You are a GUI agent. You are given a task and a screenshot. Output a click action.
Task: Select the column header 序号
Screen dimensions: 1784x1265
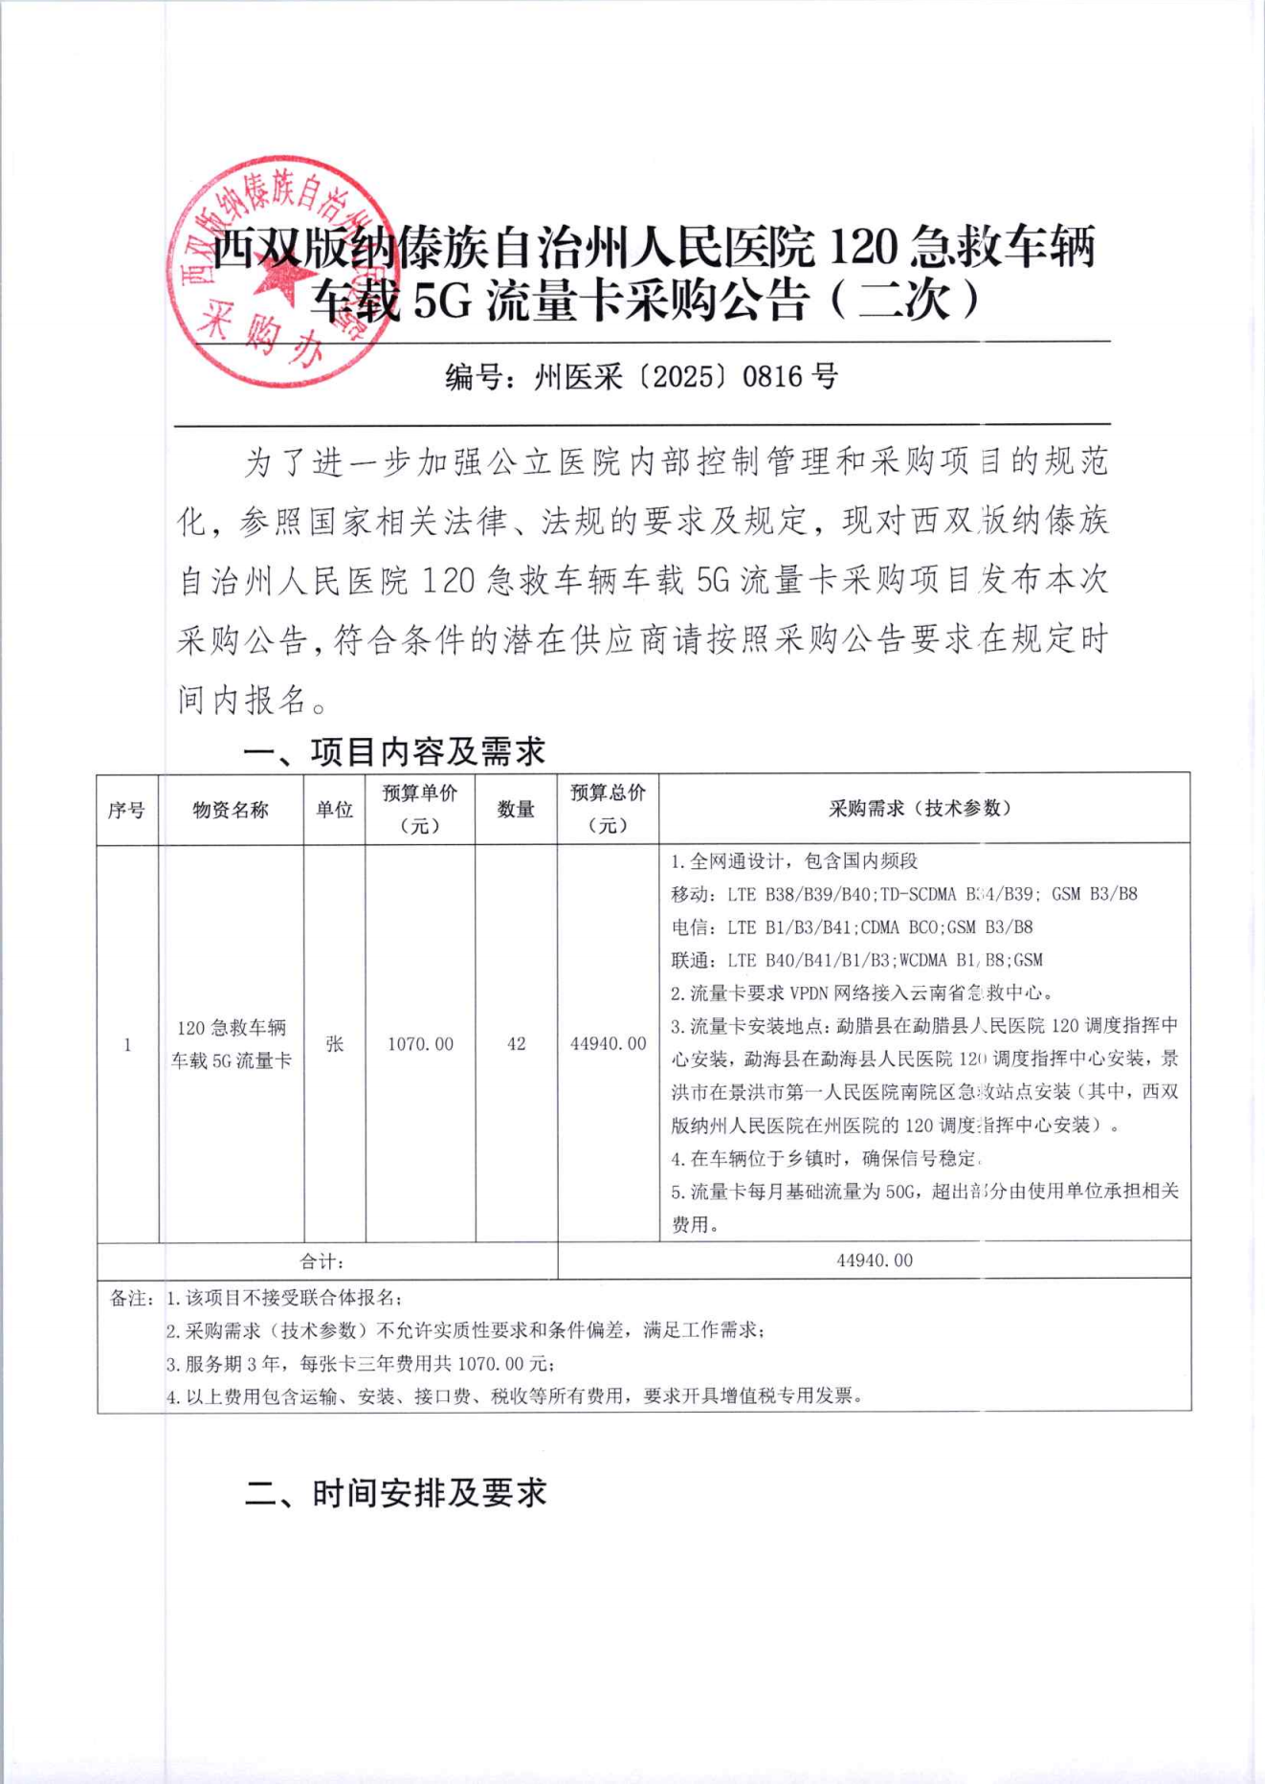point(126,810)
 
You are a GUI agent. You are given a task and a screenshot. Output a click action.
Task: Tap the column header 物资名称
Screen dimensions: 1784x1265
point(231,810)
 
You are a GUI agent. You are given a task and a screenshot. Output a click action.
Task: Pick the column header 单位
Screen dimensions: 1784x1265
point(334,810)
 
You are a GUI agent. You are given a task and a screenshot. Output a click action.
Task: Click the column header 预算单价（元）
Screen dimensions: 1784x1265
point(420,809)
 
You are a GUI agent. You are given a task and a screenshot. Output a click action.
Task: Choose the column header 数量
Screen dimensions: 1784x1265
point(516,810)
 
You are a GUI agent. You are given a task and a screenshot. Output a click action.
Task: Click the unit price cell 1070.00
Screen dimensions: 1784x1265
point(420,1043)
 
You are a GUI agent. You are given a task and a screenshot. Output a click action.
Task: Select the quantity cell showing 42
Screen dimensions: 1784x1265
point(516,1043)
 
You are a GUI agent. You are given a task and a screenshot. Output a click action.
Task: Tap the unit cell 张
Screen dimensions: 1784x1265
point(334,1043)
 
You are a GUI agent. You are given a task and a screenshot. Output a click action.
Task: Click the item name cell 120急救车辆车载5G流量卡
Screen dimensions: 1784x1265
point(231,1044)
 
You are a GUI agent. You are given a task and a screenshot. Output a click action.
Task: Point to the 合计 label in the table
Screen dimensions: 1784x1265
point(322,1261)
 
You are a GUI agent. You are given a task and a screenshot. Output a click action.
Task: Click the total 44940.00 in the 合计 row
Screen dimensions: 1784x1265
point(875,1260)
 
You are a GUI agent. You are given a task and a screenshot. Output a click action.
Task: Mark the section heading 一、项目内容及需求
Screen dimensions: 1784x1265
point(393,751)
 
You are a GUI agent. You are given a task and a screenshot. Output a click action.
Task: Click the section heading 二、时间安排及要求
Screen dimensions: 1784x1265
point(395,1492)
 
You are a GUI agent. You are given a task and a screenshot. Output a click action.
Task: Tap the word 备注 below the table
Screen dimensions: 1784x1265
point(129,1298)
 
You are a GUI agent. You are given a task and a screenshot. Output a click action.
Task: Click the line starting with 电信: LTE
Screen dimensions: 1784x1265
point(852,926)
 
